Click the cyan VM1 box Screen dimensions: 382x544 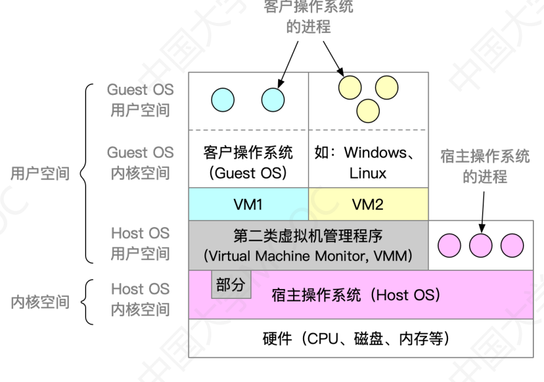pyautogui.click(x=248, y=204)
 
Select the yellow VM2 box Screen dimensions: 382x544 pyautogui.click(x=368, y=204)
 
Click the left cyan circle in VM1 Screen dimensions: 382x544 pyautogui.click(x=222, y=99)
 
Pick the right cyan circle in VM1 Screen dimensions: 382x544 pyautogui.click(x=273, y=99)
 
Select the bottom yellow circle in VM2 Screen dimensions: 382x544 pyautogui.click(x=367, y=110)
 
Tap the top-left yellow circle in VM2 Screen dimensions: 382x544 pyautogui.click(x=349, y=87)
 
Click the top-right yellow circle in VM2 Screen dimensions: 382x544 pyautogui.click(x=387, y=87)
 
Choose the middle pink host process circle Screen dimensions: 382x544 pyautogui.click(x=480, y=246)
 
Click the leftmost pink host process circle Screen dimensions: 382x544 pyautogui.click(x=449, y=246)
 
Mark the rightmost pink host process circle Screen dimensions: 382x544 pyautogui.click(x=512, y=246)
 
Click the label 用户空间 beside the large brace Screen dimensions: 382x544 pyautogui.click(x=40, y=174)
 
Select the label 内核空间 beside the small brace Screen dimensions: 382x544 pyautogui.click(x=40, y=303)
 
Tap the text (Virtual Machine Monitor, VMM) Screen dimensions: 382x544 pyautogui.click(x=308, y=255)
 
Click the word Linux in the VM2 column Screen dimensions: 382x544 pyautogui.click(x=367, y=173)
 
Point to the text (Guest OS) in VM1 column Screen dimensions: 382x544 pyautogui.click(x=248, y=173)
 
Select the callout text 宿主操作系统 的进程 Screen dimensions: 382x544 pyautogui.click(x=485, y=166)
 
